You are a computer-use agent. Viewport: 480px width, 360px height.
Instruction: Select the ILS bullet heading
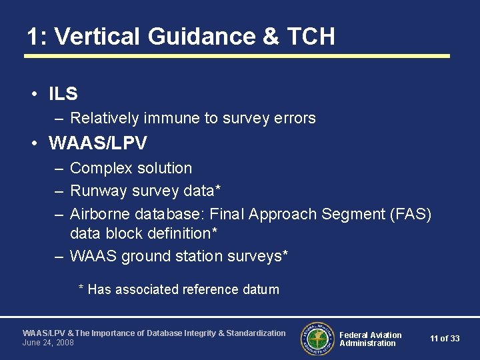point(63,95)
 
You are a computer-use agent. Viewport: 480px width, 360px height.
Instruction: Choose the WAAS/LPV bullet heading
point(98,143)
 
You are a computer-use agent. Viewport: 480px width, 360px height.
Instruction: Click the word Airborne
point(100,214)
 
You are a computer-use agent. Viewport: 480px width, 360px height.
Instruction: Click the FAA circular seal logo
point(316,338)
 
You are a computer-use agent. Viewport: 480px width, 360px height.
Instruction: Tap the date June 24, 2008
point(48,343)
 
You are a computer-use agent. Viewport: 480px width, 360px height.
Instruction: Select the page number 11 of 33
point(445,339)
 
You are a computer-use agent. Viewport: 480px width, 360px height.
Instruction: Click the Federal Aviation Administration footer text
point(371,339)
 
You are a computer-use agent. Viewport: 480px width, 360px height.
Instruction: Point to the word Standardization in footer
point(256,333)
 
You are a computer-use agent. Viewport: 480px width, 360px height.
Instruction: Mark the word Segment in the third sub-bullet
point(349,214)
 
